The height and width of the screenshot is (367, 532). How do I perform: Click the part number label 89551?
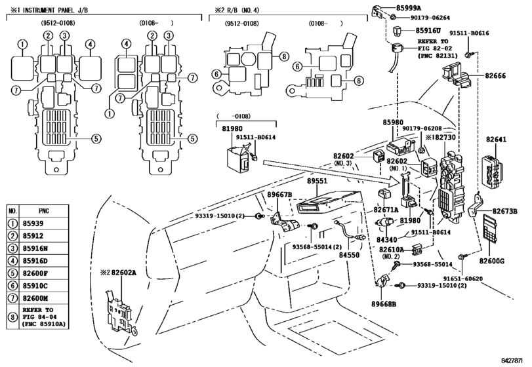(317, 181)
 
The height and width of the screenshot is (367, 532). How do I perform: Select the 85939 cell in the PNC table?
(33, 223)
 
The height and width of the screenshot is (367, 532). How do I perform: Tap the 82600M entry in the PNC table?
(35, 299)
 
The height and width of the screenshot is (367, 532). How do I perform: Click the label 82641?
(496, 140)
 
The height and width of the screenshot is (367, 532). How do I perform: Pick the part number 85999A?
(409, 7)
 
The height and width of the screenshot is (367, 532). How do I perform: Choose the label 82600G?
(491, 261)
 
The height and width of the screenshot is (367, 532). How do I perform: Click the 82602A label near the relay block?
(123, 272)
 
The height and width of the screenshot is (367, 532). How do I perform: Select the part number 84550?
(349, 255)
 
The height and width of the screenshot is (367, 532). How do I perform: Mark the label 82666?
(495, 75)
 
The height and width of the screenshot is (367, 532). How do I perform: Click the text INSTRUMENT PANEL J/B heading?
(55, 10)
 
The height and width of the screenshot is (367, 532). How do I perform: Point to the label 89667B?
(279, 195)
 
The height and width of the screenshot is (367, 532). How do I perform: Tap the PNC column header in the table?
(44, 211)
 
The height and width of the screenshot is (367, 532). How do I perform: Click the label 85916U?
(428, 31)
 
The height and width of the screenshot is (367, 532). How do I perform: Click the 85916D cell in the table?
(35, 261)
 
